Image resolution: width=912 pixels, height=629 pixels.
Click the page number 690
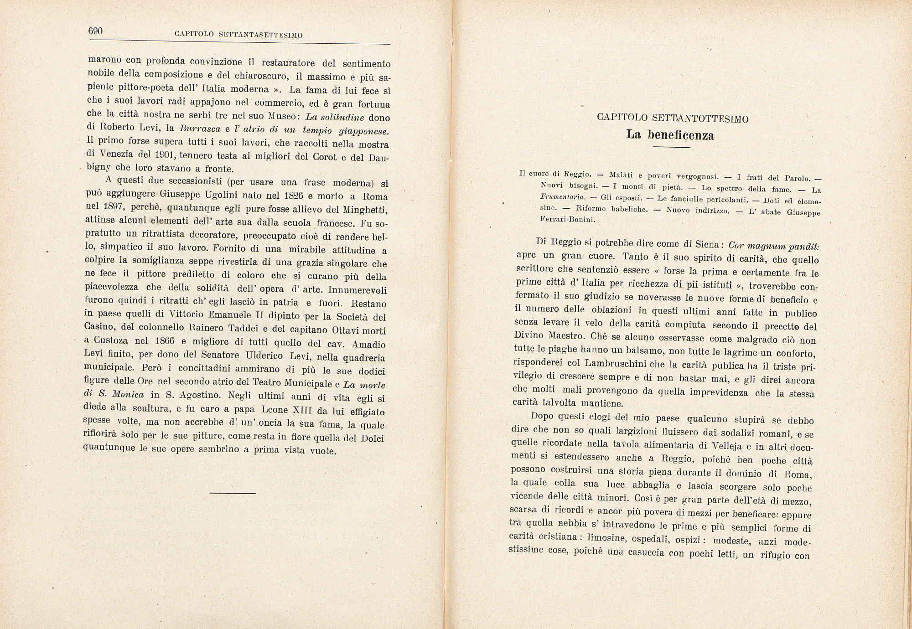point(96,31)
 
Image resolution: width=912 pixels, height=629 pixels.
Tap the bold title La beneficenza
point(670,135)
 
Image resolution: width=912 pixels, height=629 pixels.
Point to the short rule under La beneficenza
point(671,147)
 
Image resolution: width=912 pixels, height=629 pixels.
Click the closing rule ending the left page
point(233,493)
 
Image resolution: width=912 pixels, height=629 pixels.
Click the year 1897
point(112,207)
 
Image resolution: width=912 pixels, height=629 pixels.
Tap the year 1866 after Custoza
point(165,341)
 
